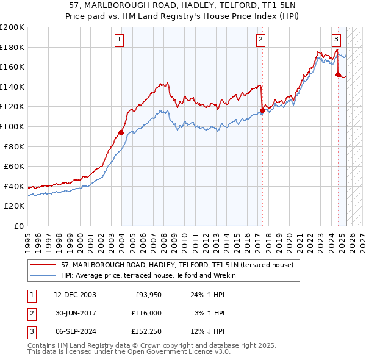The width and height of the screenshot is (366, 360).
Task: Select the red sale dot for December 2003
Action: tap(121, 132)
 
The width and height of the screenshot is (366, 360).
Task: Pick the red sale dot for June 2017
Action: tap(262, 110)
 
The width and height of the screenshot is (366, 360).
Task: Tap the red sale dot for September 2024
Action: tap(338, 74)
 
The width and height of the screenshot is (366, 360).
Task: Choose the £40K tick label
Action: tap(14, 186)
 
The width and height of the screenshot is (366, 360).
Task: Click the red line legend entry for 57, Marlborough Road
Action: tap(177, 265)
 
